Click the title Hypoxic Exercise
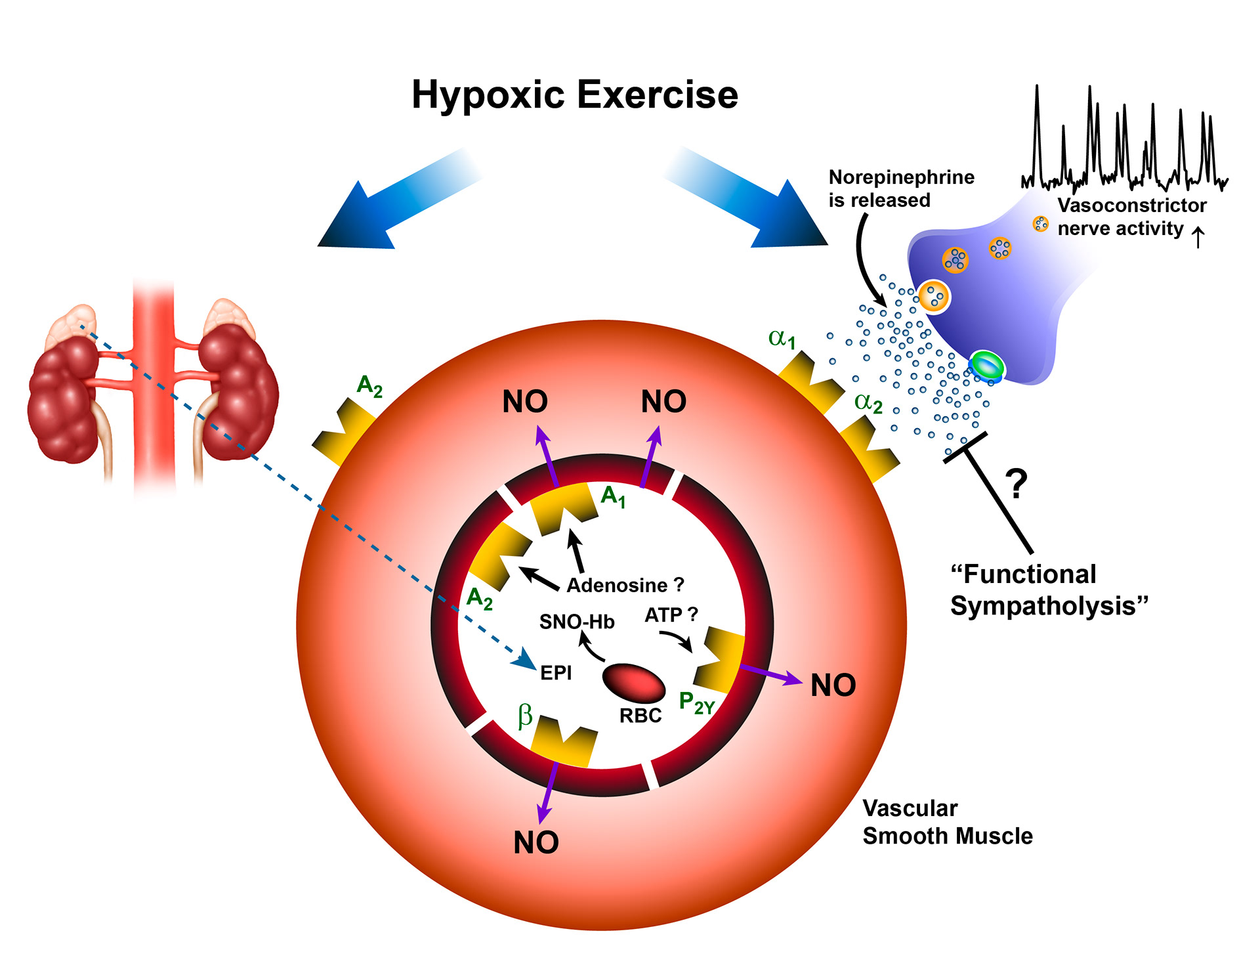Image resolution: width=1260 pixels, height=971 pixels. (x=574, y=95)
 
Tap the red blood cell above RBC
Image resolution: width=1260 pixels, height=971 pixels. (x=633, y=682)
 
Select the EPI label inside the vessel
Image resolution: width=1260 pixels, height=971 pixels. (x=556, y=673)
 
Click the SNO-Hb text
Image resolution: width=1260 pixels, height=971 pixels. (x=576, y=622)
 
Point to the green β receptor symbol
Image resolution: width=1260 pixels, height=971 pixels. (x=524, y=716)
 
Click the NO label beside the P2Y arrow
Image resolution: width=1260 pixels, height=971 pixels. (x=833, y=685)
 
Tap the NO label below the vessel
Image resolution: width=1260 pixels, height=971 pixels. (x=535, y=843)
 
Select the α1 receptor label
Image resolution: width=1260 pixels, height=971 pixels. (x=782, y=339)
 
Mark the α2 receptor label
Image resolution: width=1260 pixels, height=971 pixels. (x=868, y=402)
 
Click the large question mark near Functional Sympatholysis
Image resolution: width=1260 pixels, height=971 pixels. (x=1016, y=485)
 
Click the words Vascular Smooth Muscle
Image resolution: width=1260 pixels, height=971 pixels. (x=947, y=822)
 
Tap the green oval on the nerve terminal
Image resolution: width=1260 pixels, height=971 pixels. (x=986, y=365)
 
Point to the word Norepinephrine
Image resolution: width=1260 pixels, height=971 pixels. (x=901, y=177)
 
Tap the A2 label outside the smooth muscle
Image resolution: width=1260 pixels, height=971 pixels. (x=369, y=386)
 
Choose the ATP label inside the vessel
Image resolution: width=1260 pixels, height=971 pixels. (x=663, y=615)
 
